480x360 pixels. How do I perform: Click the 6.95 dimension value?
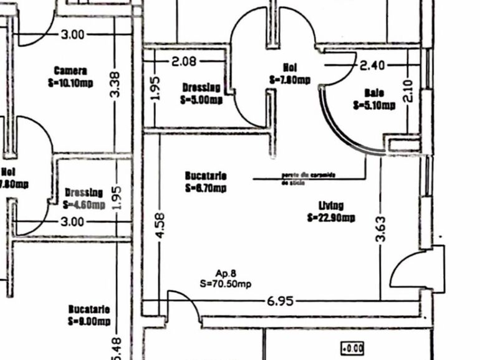(x=280, y=301)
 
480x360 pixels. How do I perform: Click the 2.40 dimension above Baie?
(x=373, y=65)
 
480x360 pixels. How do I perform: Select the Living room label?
(x=331, y=206)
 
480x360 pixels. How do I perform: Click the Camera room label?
(x=70, y=71)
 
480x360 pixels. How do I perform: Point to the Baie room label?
(x=374, y=93)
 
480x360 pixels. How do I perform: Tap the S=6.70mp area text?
(x=205, y=187)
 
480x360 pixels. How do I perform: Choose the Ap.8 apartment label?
(x=225, y=273)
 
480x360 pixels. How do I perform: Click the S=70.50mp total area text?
(x=226, y=283)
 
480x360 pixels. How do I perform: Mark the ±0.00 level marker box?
(x=353, y=348)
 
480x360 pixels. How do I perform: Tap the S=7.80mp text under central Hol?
(x=290, y=80)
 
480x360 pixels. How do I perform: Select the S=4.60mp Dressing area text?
(x=84, y=204)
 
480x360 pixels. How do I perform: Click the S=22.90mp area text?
(x=331, y=217)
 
